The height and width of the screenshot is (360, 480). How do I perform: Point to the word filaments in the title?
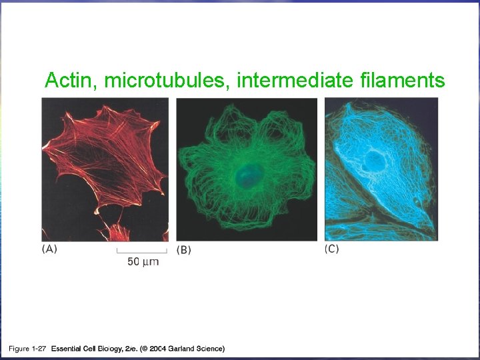point(402,81)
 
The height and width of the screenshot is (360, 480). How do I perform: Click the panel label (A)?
point(50,249)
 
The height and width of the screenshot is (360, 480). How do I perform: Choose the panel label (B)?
point(184,249)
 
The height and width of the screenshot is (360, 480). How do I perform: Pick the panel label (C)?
point(331,249)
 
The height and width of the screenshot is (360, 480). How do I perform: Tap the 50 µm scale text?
point(143,261)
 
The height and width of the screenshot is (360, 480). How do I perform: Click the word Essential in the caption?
point(69,348)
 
